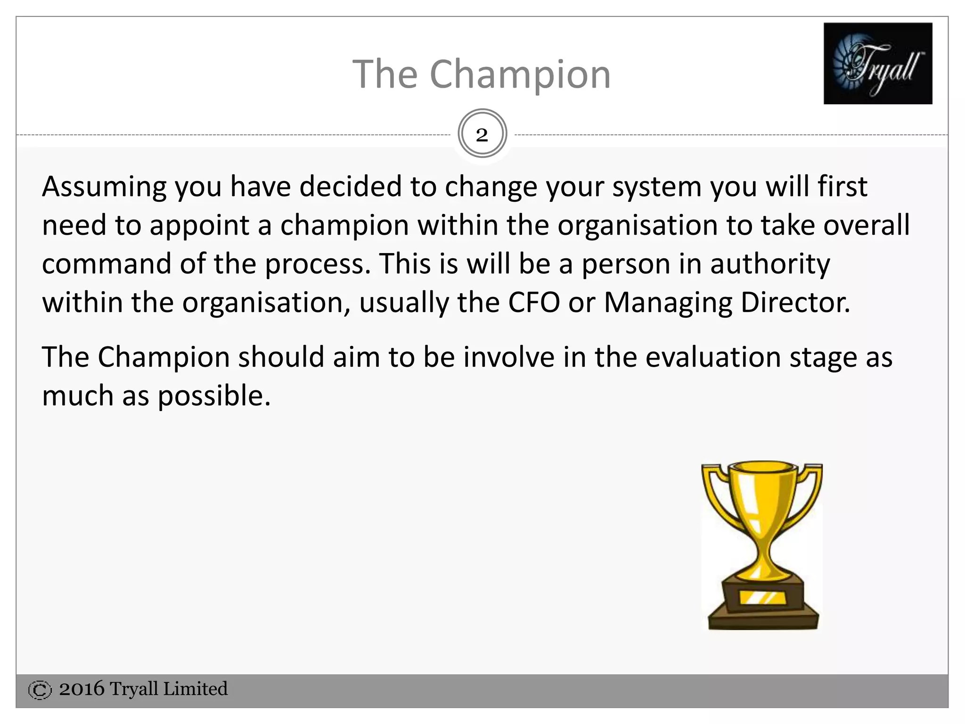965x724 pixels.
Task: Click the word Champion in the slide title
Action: click(520, 74)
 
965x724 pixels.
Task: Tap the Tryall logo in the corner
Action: click(877, 63)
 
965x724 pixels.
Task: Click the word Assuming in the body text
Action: click(104, 187)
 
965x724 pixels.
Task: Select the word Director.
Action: click(795, 302)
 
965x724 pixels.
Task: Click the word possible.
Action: click(214, 396)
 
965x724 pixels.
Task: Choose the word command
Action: click(106, 263)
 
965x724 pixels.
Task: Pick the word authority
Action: click(770, 264)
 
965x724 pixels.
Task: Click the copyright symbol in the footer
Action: click(40, 690)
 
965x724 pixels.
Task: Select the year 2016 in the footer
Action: click(82, 689)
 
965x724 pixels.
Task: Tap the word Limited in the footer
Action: click(195, 689)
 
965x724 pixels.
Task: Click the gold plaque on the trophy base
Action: click(762, 598)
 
